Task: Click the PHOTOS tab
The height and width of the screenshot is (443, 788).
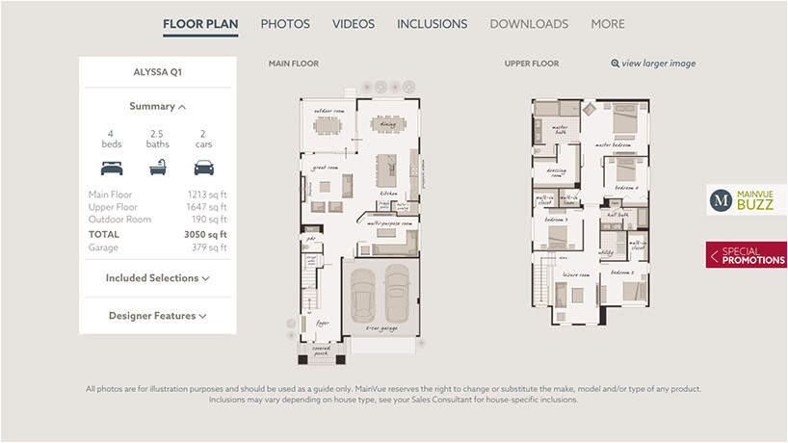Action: pyautogui.click(x=285, y=24)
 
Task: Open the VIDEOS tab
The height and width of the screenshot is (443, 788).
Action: pyautogui.click(x=354, y=24)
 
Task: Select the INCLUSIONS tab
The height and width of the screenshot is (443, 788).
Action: pyautogui.click(x=432, y=24)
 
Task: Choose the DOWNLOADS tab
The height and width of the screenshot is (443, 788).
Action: pyautogui.click(x=529, y=24)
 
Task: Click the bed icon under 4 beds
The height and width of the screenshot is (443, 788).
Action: pyautogui.click(x=112, y=168)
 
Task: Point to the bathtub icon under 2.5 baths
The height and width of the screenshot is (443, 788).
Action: pyautogui.click(x=158, y=168)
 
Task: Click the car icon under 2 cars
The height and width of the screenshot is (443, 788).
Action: pyautogui.click(x=203, y=168)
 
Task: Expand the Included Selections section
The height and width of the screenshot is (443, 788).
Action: pyautogui.click(x=157, y=278)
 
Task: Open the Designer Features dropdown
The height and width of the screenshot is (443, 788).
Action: pyautogui.click(x=157, y=316)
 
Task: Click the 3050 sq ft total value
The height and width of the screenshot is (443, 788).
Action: pyautogui.click(x=205, y=234)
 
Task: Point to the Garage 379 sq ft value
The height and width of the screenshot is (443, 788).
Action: pyautogui.click(x=208, y=248)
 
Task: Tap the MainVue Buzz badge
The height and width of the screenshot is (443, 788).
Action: pyautogui.click(x=747, y=200)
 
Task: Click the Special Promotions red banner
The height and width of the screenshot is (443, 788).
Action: pyautogui.click(x=747, y=255)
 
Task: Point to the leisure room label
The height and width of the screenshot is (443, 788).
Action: pyautogui.click(x=577, y=274)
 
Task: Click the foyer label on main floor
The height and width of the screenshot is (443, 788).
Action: pyautogui.click(x=323, y=324)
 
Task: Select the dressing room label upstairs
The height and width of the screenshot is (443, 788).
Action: pyautogui.click(x=557, y=172)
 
